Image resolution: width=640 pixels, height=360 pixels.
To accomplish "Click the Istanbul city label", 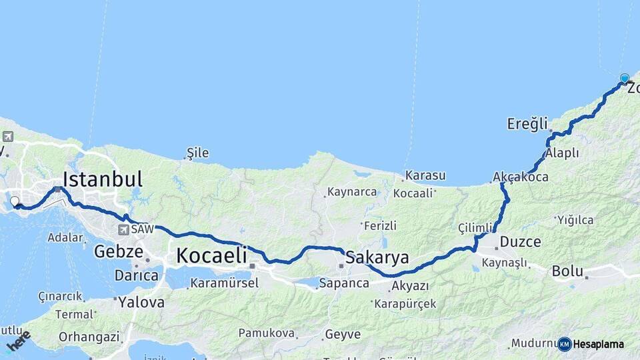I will coord(103,179).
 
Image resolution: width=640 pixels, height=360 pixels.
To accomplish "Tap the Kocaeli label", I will coord(211,255).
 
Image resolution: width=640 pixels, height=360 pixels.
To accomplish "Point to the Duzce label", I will coord(520,241).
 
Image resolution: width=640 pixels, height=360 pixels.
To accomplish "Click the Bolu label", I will coord(567,271).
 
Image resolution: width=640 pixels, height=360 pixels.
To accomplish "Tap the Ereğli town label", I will coord(527,123).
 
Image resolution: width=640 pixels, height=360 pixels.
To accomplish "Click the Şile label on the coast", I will coord(197,153).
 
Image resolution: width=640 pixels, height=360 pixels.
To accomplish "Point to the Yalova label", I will coord(141,302).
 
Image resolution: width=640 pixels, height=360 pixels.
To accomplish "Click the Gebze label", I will coord(119,251).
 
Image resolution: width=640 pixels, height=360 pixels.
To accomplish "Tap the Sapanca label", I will coord(344,283).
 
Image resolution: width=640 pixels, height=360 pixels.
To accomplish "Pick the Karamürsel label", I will coord(224,283).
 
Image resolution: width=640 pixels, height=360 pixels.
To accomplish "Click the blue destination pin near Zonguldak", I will coord(625,79).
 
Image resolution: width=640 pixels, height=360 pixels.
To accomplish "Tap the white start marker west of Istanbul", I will coord(15,201).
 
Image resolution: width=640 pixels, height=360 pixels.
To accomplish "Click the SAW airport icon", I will coord(123,229).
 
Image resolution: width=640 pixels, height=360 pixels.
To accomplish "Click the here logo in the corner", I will coord(18,341).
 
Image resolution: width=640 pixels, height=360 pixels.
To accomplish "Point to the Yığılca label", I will coord(575,219).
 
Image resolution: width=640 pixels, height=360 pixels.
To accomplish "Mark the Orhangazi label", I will coord(89,337).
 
